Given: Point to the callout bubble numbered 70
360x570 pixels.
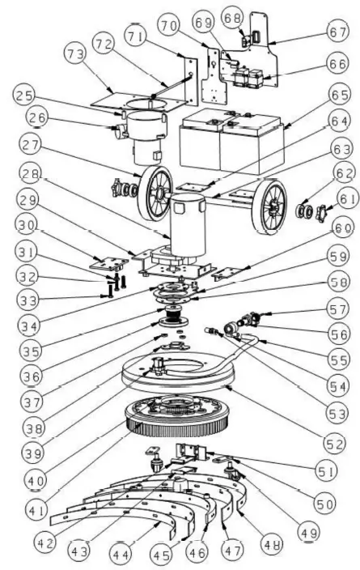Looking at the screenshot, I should (x=169, y=26).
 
